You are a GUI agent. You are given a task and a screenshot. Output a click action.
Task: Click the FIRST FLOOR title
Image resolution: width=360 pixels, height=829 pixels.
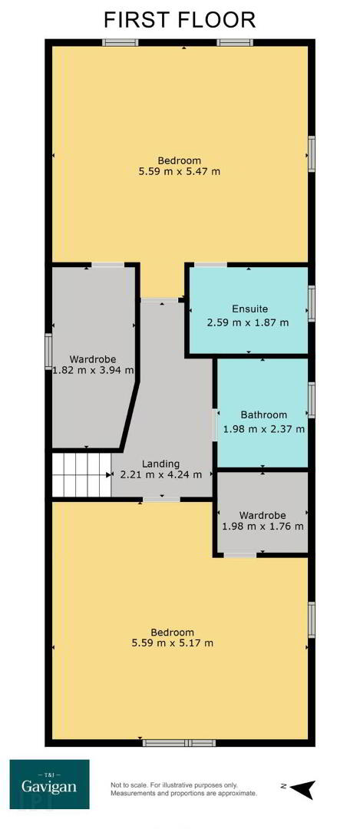click(180, 20)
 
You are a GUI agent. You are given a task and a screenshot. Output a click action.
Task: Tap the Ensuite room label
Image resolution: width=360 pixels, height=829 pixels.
click(250, 309)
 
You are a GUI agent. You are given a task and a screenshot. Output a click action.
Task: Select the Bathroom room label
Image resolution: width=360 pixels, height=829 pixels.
click(264, 415)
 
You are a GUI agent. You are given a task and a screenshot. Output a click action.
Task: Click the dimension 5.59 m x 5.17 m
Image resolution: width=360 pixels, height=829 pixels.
click(173, 643)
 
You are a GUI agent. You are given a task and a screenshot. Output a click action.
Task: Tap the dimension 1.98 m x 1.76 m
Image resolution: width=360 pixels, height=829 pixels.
click(263, 526)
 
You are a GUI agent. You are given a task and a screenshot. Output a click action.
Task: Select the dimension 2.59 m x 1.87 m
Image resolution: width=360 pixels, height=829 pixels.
click(249, 322)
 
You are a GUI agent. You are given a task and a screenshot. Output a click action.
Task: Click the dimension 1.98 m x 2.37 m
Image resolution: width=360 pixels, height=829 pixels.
click(264, 429)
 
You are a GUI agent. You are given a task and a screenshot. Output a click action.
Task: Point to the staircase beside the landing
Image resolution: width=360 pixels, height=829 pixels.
click(81, 475)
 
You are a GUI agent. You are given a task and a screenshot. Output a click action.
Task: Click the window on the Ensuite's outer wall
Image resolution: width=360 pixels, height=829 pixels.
click(312, 303)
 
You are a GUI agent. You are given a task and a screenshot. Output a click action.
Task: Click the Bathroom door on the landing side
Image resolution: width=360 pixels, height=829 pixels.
click(215, 424)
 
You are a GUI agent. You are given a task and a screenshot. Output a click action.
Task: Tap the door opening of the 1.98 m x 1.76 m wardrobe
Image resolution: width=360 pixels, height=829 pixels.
click(239, 555)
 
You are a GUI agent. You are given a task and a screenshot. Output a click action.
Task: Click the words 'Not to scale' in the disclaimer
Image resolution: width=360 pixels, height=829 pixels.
click(127, 784)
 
